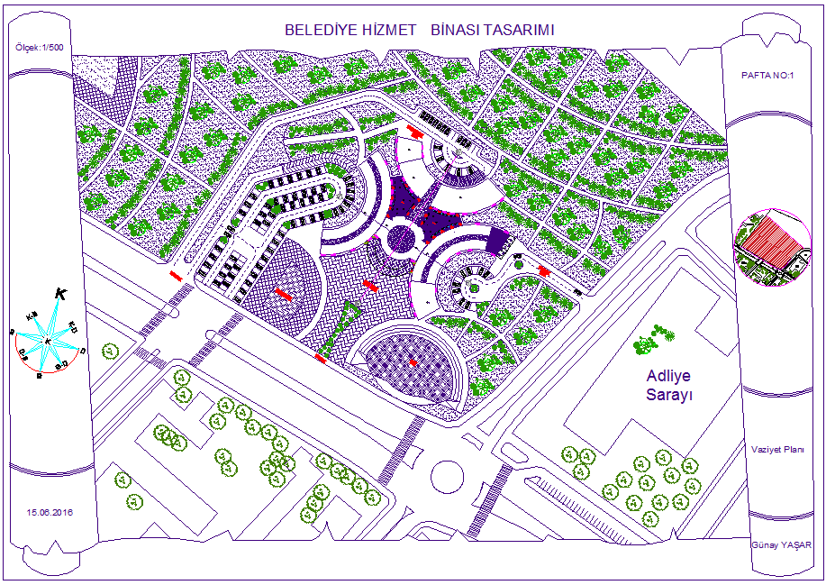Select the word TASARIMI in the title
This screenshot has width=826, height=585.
[x=519, y=30]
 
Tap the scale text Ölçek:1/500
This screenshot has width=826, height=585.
[x=38, y=47]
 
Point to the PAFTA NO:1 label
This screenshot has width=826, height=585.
[x=767, y=76]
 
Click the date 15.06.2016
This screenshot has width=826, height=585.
[x=50, y=512]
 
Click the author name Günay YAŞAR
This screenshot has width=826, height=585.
[x=781, y=544]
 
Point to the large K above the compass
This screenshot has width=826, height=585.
[x=60, y=294]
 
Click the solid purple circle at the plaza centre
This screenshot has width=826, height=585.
[x=400, y=239]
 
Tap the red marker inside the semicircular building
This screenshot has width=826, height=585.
[x=413, y=361]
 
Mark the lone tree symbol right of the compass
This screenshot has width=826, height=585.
[x=110, y=350]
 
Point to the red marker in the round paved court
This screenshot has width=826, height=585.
[x=283, y=295]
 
